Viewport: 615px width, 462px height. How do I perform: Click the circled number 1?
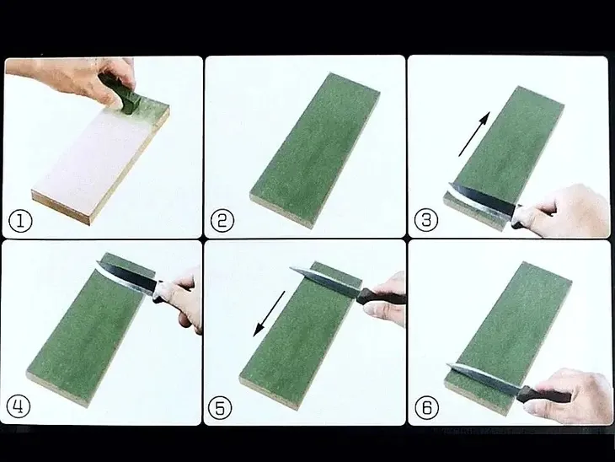tap(20, 220)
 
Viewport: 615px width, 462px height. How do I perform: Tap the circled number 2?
tap(222, 220)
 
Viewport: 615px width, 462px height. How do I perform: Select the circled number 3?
tap(426, 220)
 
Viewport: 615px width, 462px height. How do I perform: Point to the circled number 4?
tap(19, 406)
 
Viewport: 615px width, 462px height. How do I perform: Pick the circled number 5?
tap(220, 407)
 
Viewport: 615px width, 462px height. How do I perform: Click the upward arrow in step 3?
tap(474, 134)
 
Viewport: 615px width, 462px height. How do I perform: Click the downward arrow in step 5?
tap(269, 314)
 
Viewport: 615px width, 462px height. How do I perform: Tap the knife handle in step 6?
tap(543, 394)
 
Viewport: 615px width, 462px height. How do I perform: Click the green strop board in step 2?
tap(315, 150)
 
